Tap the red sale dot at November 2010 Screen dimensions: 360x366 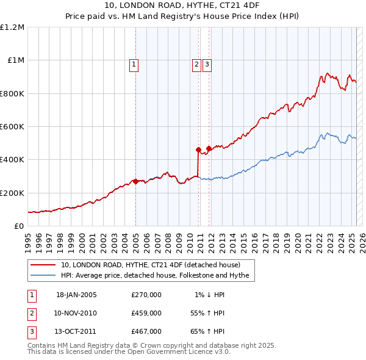(x=198, y=149)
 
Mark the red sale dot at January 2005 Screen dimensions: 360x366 (x=135, y=181)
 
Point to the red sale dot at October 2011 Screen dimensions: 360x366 (x=209, y=148)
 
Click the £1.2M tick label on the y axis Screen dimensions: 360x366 (x=12, y=27)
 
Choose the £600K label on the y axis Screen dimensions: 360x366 (x=12, y=127)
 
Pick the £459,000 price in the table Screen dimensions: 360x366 (x=146, y=313)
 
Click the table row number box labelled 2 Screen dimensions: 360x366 (x=32, y=313)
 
